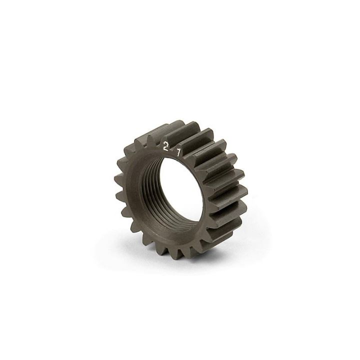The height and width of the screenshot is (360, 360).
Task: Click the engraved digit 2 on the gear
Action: pos(165,146)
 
